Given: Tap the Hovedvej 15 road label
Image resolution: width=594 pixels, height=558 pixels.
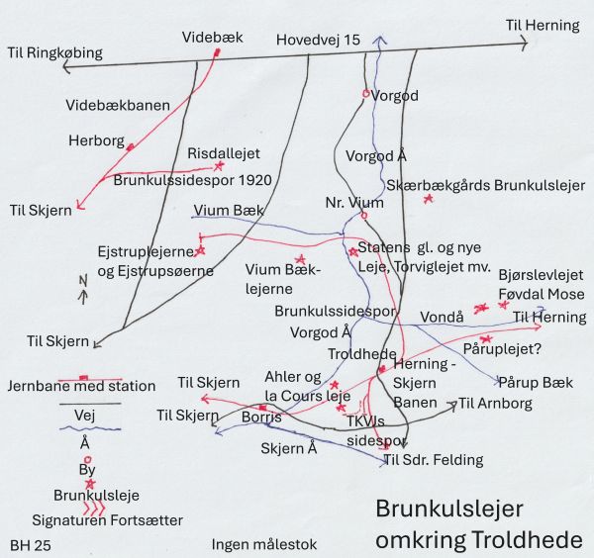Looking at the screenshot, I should coord(318,41).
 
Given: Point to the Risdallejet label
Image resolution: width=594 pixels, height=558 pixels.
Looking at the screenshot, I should coord(224,154).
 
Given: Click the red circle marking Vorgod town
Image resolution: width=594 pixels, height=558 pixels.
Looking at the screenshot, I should coord(365,94).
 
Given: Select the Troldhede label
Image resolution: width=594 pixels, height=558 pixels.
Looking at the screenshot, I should coord(362,353).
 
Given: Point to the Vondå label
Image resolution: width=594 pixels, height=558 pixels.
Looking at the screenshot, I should coord(443,319).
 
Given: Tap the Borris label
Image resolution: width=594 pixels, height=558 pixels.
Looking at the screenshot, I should coord(261,418).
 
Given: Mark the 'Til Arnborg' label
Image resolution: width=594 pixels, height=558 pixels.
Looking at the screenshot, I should coord(495,404).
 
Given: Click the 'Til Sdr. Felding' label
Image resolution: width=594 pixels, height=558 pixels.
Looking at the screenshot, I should coord(433,460).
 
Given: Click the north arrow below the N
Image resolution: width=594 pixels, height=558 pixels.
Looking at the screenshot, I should coord(83,294).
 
